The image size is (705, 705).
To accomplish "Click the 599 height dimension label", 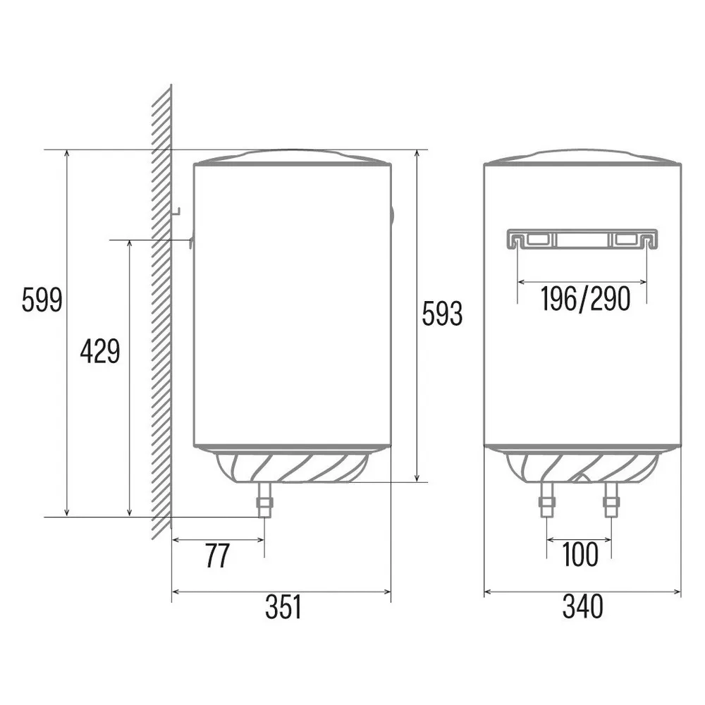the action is (42, 300).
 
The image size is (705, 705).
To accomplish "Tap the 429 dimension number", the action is (100, 351).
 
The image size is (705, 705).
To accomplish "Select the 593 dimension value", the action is (442, 314).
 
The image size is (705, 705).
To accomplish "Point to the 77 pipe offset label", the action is (218, 556).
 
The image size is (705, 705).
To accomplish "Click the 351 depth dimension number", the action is (283, 607).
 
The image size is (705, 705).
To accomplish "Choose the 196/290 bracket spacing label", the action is (585, 299).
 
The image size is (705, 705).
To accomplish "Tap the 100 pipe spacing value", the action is (580, 555).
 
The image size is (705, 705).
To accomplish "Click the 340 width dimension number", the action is (582, 606).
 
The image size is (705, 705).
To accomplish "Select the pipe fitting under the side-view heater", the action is (264, 500).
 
